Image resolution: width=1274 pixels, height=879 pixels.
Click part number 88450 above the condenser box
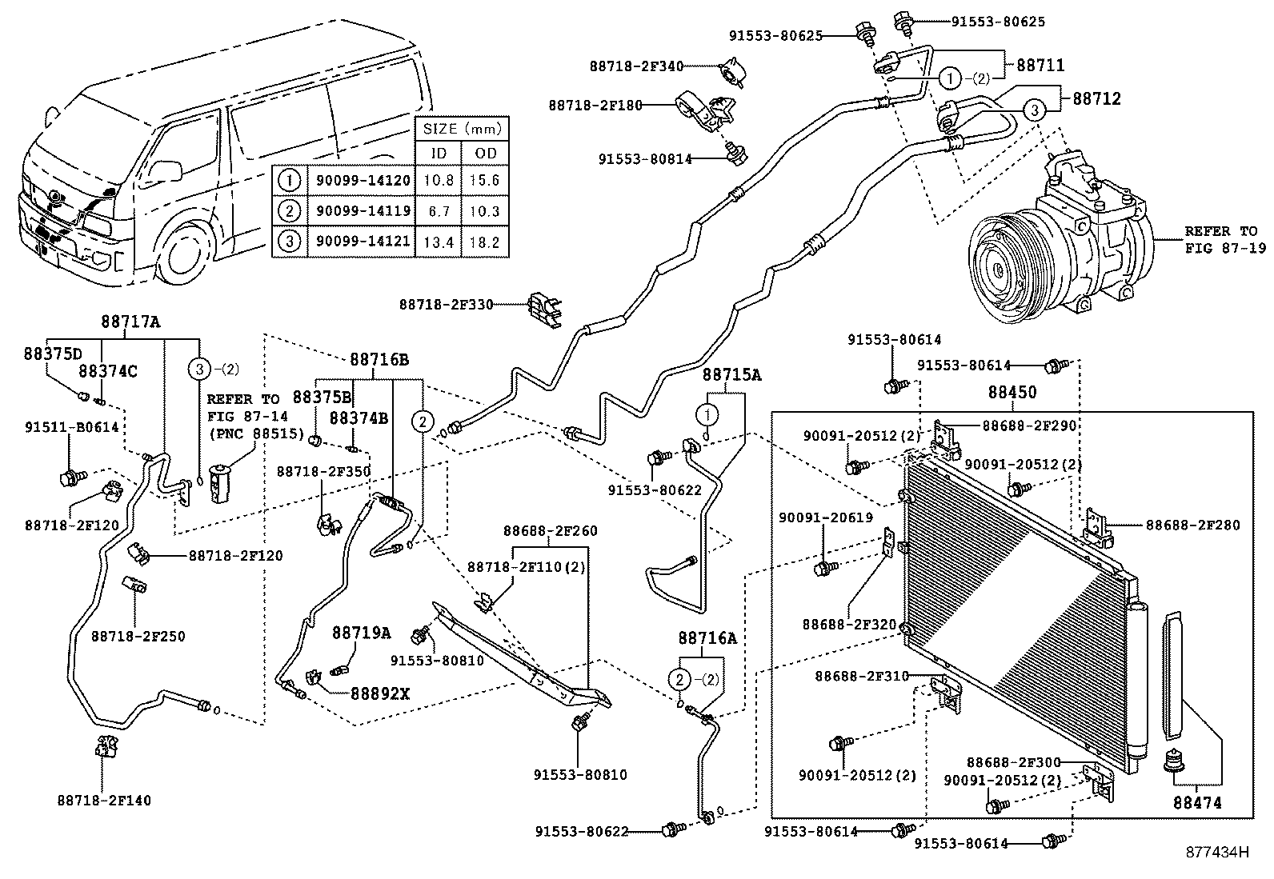(1012, 393)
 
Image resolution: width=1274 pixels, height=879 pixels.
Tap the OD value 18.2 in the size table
(484, 242)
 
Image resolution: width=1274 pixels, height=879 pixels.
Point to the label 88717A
(130, 322)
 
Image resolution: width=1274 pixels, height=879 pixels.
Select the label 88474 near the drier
(1198, 802)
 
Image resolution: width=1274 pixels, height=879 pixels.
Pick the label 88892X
(379, 693)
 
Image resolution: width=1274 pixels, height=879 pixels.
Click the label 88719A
(361, 633)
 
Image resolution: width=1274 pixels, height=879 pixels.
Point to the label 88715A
(731, 374)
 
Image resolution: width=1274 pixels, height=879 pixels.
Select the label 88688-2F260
(550, 530)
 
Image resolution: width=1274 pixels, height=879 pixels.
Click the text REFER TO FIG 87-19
(1224, 239)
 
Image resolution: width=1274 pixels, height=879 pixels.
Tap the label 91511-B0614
(71, 428)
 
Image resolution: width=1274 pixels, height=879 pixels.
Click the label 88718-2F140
(103, 800)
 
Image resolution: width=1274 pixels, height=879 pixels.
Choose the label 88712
(1096, 98)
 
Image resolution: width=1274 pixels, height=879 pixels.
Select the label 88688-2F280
(1192, 525)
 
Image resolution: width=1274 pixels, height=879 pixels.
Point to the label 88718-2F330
(446, 304)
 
